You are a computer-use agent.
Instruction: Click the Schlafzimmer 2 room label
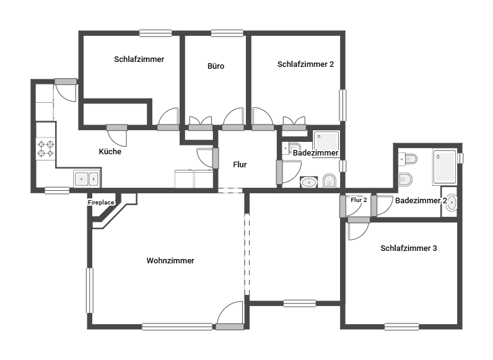(305, 64)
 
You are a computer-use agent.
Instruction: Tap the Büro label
(216, 66)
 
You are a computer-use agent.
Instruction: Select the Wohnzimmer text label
(170, 261)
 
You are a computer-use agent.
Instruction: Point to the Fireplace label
(101, 203)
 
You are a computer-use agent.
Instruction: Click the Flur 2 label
(359, 200)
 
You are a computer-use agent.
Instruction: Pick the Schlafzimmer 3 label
(408, 248)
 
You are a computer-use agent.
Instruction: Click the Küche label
(110, 151)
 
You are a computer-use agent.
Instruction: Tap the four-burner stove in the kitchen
(46, 149)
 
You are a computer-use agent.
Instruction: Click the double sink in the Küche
(86, 178)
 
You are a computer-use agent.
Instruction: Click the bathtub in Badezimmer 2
(445, 167)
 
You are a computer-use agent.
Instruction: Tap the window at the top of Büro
(227, 33)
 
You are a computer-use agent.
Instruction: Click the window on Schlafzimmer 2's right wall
(342, 105)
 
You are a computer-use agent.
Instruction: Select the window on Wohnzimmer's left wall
(90, 291)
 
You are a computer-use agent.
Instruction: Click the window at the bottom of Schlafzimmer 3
(401, 327)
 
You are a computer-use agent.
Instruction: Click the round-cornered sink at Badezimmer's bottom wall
(309, 182)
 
